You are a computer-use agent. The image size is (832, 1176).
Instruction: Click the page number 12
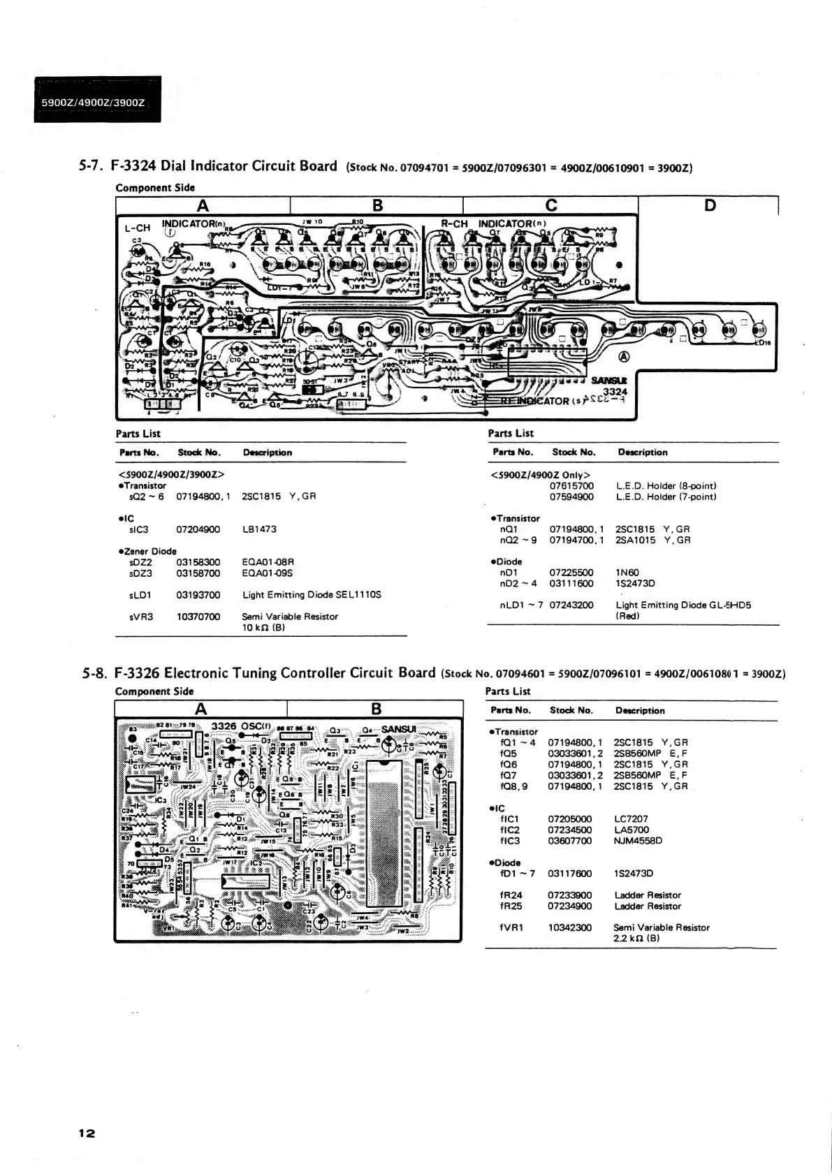tap(87, 1133)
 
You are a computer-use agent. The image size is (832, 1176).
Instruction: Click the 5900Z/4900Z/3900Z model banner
tap(93, 103)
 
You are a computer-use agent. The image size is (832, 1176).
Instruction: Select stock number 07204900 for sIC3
tap(198, 529)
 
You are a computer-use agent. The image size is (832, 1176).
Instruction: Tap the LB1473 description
tap(259, 529)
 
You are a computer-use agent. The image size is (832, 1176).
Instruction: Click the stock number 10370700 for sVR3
tap(198, 617)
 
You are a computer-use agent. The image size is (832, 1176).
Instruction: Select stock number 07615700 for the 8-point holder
tap(571, 486)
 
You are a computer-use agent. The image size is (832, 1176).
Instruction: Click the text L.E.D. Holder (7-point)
tap(666, 497)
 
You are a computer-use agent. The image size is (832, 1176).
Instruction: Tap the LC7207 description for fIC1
tap(631, 819)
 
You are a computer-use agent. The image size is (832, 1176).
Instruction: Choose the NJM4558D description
tap(638, 841)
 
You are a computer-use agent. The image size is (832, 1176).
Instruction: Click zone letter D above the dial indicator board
tap(710, 205)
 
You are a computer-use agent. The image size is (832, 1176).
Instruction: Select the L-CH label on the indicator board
tap(138, 228)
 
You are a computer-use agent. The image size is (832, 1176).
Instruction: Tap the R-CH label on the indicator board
tap(455, 224)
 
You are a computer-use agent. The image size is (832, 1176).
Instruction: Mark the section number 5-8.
tap(94, 674)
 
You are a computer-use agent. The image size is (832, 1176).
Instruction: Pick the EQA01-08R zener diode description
tap(268, 562)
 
